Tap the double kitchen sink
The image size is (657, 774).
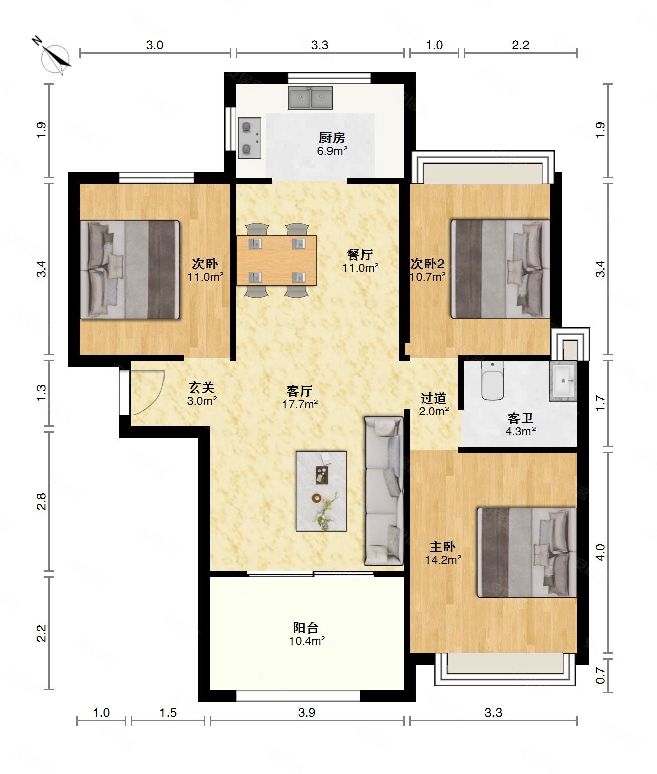(310, 98)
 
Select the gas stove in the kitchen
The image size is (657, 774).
(250, 138)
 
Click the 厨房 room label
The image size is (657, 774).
(332, 138)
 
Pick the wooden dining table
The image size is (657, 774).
(276, 260)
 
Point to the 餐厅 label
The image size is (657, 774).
(360, 255)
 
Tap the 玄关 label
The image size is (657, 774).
(201, 387)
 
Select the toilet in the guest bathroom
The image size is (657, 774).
(492, 380)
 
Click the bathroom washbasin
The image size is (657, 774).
(563, 381)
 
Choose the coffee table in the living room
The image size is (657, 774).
(321, 491)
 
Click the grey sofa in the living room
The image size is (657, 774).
(384, 491)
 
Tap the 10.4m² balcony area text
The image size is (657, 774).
(307, 641)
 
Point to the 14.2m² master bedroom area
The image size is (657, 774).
(443, 560)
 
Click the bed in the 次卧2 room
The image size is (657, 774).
(501, 269)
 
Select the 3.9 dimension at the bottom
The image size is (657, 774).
(307, 712)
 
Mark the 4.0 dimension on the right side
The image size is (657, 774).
(600, 552)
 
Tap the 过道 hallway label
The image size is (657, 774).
(433, 398)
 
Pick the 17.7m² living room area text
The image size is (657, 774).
(300, 404)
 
